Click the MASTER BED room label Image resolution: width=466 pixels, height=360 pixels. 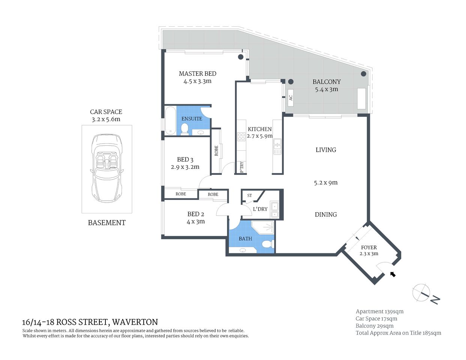click(197, 74)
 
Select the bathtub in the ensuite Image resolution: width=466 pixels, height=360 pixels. click(170, 121)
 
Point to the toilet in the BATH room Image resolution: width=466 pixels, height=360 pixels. click(267, 244)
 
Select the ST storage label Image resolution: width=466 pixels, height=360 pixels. click(250, 195)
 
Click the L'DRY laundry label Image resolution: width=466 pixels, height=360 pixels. click(260, 209)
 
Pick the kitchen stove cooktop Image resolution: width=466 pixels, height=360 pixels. click(241, 136)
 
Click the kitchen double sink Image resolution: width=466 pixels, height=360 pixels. click(277, 147)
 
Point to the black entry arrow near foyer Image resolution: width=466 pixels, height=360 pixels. click(393, 274)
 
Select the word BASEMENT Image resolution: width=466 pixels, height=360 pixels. click(107, 223)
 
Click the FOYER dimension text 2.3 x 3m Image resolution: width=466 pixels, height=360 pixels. click(369, 254)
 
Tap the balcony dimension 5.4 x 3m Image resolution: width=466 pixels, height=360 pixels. click(326, 90)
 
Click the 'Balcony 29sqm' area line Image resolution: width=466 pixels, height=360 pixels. click(374, 326)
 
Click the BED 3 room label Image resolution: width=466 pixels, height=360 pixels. click(185, 160)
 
